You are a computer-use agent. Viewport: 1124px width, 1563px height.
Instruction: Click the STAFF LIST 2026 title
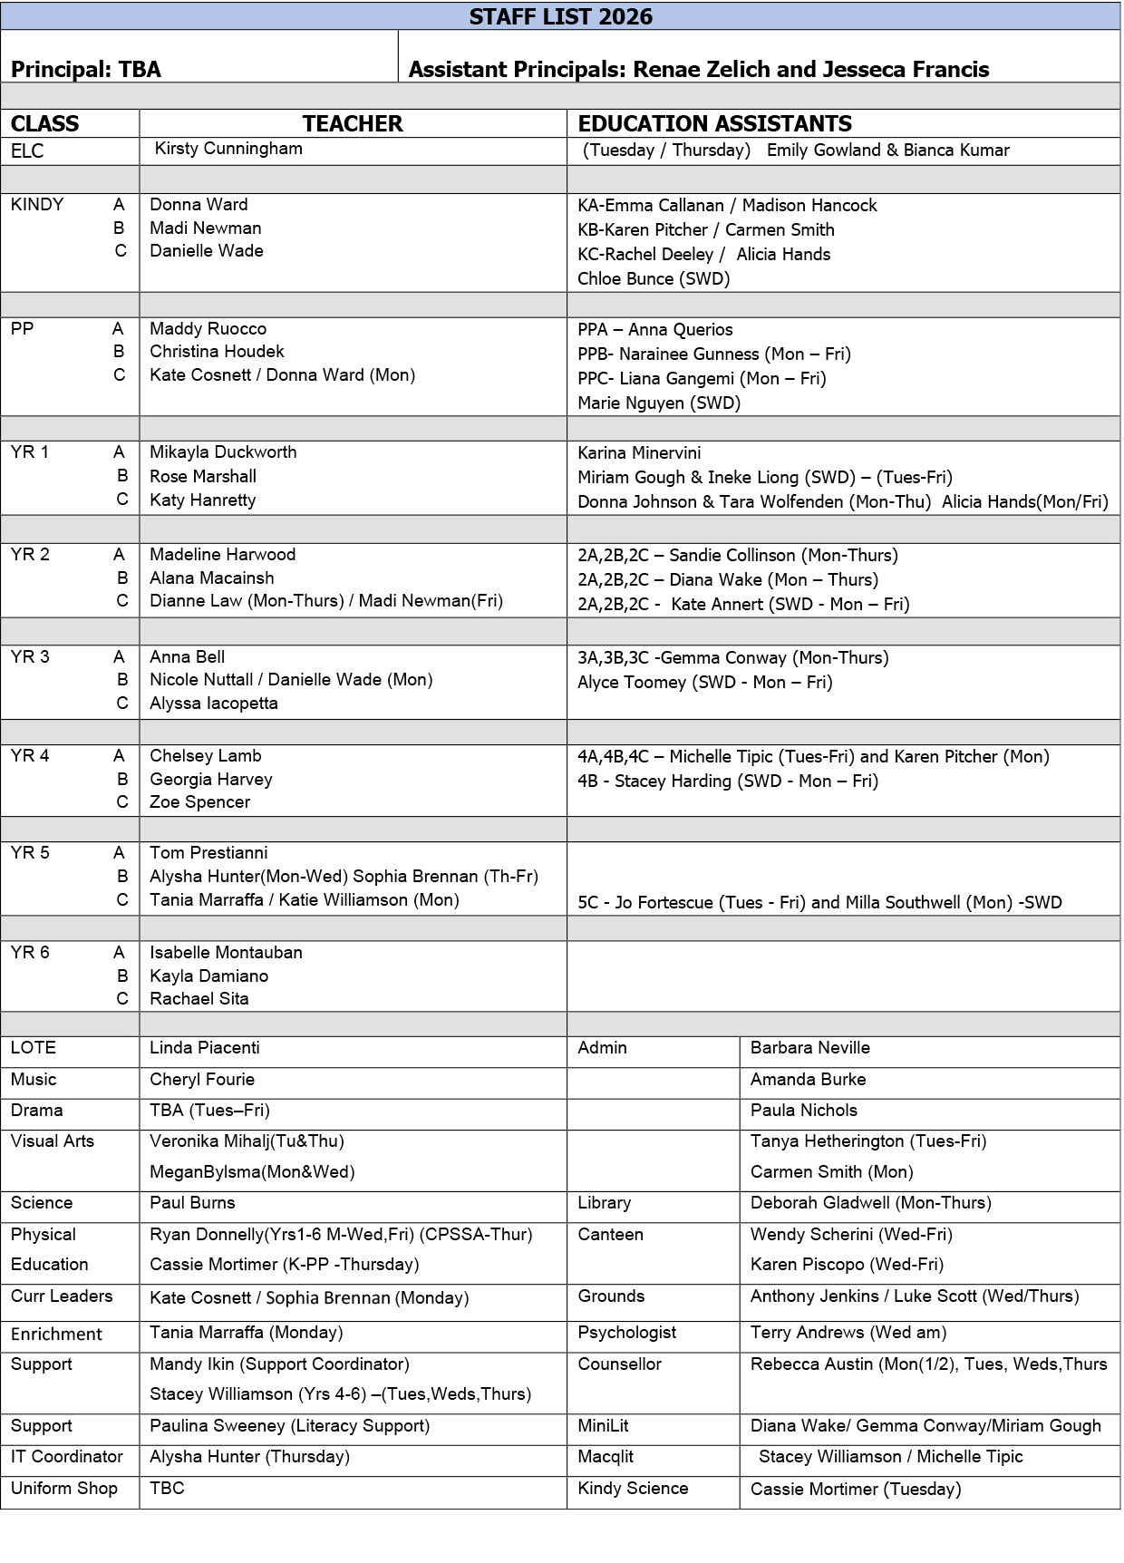[560, 16]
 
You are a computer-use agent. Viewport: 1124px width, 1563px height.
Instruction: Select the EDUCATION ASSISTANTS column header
[714, 123]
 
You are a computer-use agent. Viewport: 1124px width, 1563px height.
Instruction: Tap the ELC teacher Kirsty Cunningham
[228, 149]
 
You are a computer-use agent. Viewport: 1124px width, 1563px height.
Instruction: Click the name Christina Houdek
[217, 352]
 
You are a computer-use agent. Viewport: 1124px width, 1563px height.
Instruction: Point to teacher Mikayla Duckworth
[223, 452]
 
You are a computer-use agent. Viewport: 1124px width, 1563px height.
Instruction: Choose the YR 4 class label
[30, 756]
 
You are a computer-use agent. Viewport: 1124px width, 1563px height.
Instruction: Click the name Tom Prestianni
[208, 853]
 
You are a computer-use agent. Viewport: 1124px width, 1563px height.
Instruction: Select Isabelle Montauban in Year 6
[226, 953]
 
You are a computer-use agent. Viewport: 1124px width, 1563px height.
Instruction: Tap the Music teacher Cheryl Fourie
[202, 1080]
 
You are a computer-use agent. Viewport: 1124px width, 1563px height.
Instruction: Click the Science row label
[42, 1203]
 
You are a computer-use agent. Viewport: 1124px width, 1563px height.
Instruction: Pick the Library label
[604, 1203]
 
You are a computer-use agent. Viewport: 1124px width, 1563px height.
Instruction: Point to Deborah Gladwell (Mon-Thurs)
[870, 1203]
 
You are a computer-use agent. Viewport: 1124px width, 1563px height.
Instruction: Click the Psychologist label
[627, 1333]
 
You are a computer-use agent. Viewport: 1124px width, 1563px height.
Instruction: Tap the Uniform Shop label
[64, 1489]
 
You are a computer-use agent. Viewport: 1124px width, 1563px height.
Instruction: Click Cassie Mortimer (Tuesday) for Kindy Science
[856, 1490]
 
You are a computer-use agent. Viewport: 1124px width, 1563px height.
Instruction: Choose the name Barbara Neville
[809, 1048]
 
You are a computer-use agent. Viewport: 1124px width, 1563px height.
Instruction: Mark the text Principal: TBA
[86, 70]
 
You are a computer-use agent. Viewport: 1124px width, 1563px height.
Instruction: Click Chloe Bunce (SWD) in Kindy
[654, 279]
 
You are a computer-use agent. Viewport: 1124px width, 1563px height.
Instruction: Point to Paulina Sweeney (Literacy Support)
[289, 1426]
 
